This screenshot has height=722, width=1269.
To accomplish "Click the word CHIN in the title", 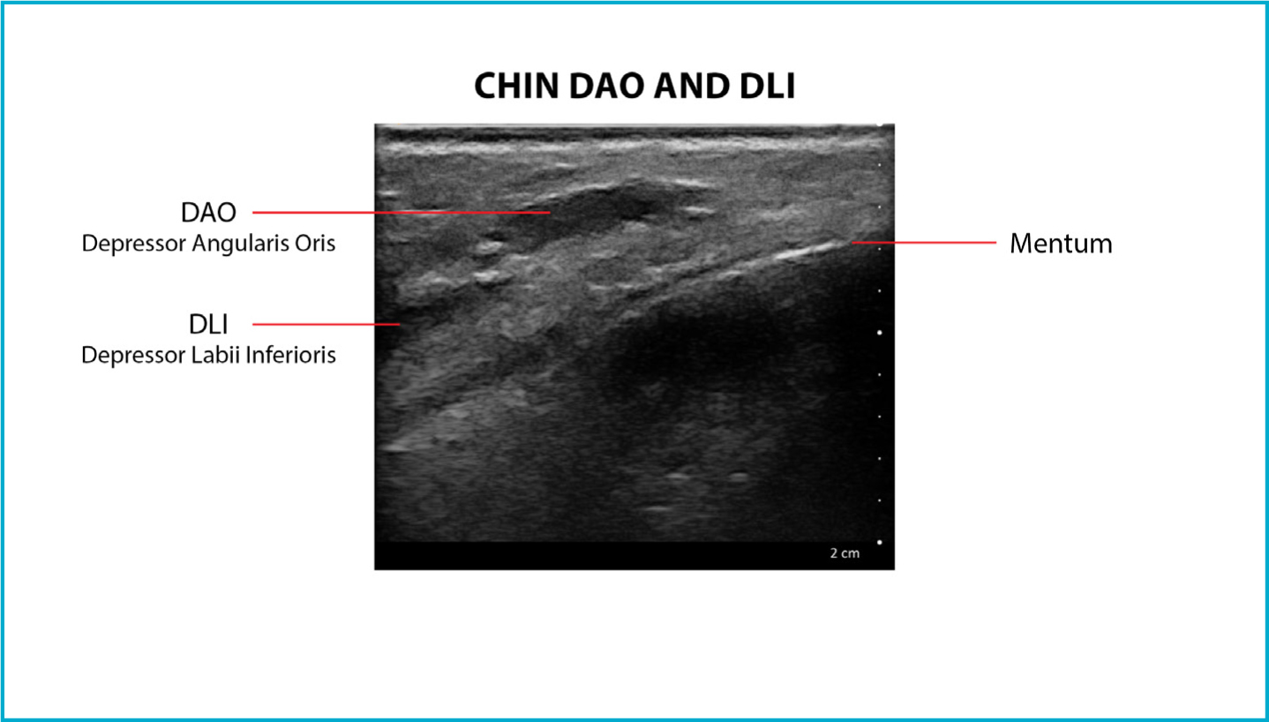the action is (516, 86).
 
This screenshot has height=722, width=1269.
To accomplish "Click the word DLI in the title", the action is (767, 86).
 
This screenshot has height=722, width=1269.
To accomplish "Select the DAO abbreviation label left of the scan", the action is (208, 213).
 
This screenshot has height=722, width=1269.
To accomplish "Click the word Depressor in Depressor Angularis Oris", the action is (134, 244).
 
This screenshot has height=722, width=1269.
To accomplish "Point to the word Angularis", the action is (240, 244).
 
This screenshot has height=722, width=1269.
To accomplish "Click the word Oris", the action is (315, 243).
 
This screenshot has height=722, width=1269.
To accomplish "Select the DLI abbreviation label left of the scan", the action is (208, 324).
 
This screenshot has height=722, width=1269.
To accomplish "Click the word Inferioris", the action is (290, 355).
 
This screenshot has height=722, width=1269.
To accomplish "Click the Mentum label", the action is (1061, 244).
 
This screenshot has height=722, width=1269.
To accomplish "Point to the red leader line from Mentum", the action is (924, 243).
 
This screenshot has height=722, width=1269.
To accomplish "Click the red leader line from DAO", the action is (402, 213).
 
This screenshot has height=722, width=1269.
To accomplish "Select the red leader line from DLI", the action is (327, 324).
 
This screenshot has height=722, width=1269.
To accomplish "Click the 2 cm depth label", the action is (845, 553).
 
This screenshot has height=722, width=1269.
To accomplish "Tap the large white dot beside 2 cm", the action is (880, 542).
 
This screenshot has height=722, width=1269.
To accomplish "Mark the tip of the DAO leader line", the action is (550, 213).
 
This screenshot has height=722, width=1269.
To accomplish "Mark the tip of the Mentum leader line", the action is (852, 243).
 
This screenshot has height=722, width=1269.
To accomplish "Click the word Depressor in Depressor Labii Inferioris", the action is (134, 356).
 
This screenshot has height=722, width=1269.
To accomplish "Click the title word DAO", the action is (606, 86).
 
